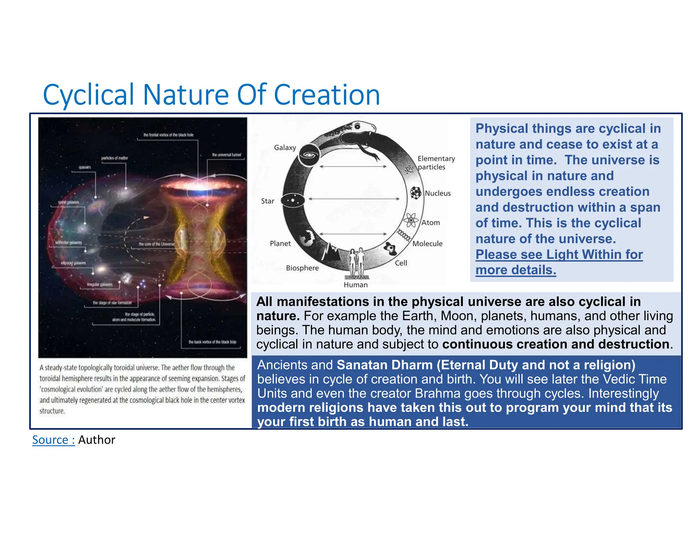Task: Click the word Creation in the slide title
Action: click(x=326, y=95)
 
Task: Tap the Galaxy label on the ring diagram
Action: click(x=285, y=147)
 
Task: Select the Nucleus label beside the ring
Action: click(x=437, y=193)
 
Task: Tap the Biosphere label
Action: click(x=302, y=268)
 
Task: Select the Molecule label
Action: click(x=427, y=243)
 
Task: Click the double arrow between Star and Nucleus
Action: click(x=354, y=199)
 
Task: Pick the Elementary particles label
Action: click(x=436, y=163)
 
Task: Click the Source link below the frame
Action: click(x=53, y=440)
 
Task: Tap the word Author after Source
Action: click(x=97, y=440)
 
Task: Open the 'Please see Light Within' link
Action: click(x=559, y=262)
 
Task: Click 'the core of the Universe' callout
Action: click(x=157, y=244)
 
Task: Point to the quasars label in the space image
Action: click(x=85, y=167)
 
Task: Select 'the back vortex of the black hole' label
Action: click(x=212, y=342)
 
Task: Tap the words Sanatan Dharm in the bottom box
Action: click(x=385, y=365)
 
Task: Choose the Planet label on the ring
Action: click(x=280, y=243)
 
